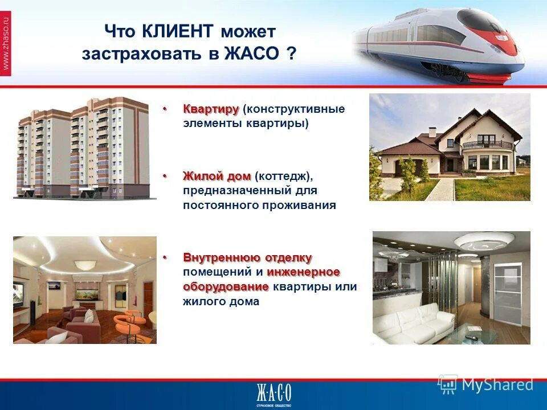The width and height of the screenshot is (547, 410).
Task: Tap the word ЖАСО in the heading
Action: [252, 55]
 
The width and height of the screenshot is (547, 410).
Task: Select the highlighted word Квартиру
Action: [210, 109]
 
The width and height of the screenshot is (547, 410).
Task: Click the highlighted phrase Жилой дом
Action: [217, 177]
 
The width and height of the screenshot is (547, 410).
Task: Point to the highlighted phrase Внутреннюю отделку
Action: [247, 258]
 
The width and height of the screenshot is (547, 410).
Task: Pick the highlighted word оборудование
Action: [226, 286]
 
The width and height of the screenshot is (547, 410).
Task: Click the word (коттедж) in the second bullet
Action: [284, 177]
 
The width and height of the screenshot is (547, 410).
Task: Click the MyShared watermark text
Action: [497, 385]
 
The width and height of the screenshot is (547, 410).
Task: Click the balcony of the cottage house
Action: [488, 145]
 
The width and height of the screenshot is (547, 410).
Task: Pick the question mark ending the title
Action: [291, 55]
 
